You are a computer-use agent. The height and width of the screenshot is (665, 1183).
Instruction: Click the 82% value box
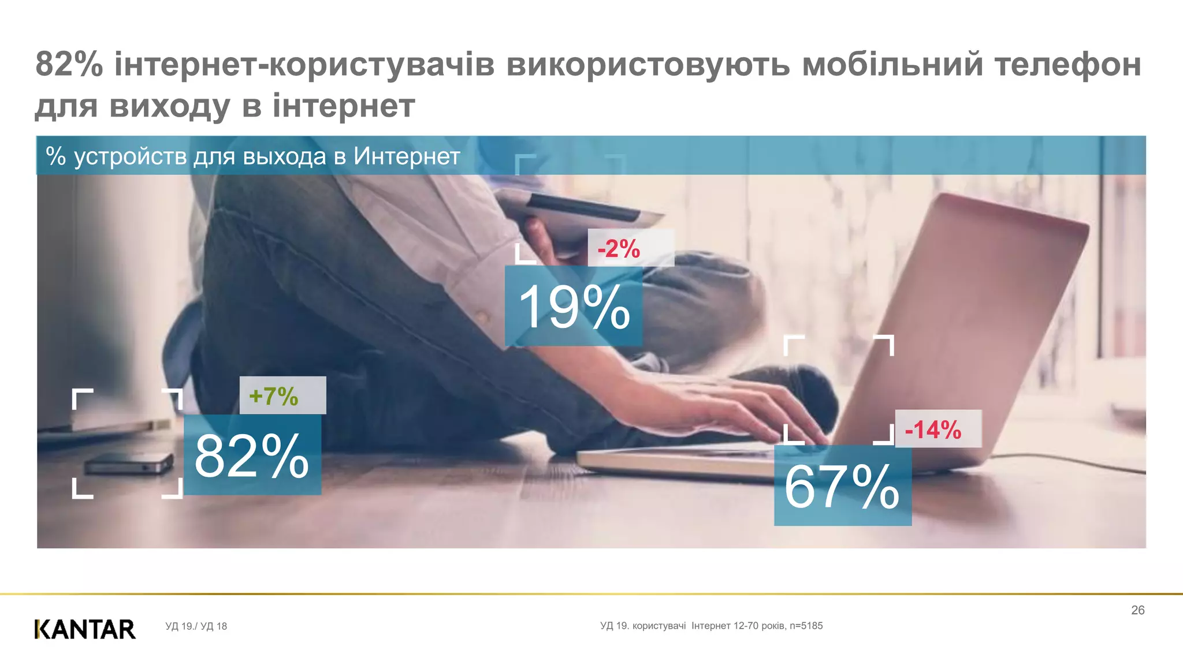[252, 455]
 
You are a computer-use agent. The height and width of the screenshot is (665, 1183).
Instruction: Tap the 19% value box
[573, 307]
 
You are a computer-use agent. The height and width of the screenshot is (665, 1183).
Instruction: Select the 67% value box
[842, 485]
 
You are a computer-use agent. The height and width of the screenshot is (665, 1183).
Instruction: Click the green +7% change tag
[282, 395]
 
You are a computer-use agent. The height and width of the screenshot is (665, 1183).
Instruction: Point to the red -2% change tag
[630, 248]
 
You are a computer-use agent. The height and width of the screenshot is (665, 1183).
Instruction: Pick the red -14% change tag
[938, 429]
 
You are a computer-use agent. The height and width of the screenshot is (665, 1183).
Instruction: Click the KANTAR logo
[85, 629]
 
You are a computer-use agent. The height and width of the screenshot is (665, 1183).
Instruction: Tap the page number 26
[1137, 610]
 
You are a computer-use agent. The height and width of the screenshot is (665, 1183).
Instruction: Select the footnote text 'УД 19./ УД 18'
[196, 626]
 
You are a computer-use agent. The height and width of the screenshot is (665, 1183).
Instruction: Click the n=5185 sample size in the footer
[806, 626]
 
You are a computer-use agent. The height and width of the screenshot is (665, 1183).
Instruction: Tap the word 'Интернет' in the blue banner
[407, 156]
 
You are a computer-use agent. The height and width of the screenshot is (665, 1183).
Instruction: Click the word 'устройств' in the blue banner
[131, 156]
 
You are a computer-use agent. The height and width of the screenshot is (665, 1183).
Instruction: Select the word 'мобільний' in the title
[892, 64]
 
